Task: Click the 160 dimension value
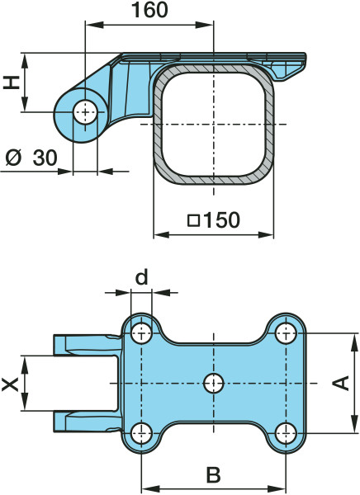click(149, 10)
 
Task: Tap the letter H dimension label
click(12, 82)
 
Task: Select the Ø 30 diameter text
click(31, 158)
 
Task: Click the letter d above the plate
click(141, 277)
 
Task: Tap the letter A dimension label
click(340, 383)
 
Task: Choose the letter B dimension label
click(213, 474)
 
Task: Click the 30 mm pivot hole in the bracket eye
click(85, 111)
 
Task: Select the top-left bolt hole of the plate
click(141, 333)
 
